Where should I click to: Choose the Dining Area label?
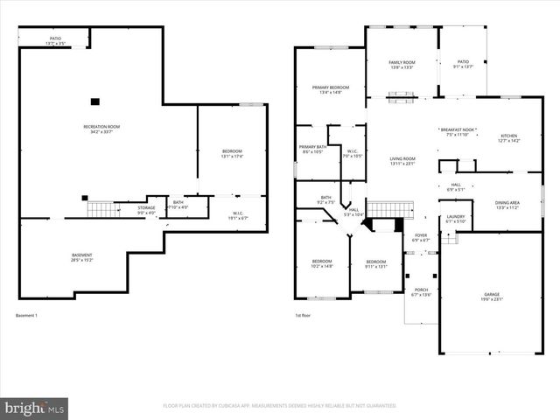pos(507,205)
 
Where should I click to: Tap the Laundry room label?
pos(455,219)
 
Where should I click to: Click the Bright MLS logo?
pos(35,407)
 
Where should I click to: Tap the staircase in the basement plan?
pos(100,209)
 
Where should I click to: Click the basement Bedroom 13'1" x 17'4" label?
pos(231,154)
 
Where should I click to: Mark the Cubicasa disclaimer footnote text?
pos(279,406)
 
